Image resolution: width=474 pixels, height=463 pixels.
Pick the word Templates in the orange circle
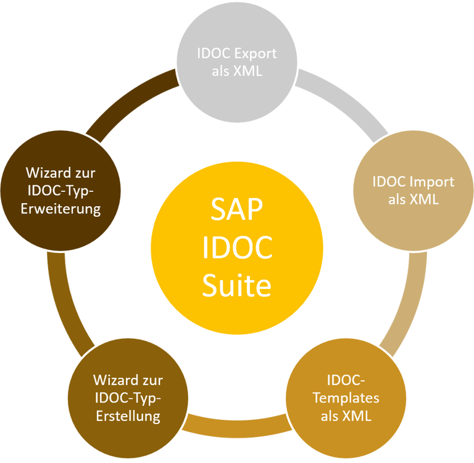pyautogui.click(x=346, y=398)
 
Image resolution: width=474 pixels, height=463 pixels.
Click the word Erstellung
pyautogui.click(x=128, y=416)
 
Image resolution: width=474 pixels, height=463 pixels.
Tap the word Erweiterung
pyautogui.click(x=60, y=209)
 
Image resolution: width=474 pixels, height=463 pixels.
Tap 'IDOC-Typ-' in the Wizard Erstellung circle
pyautogui.click(x=128, y=398)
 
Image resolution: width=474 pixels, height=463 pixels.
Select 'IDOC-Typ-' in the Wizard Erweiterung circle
pyautogui.click(x=60, y=191)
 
